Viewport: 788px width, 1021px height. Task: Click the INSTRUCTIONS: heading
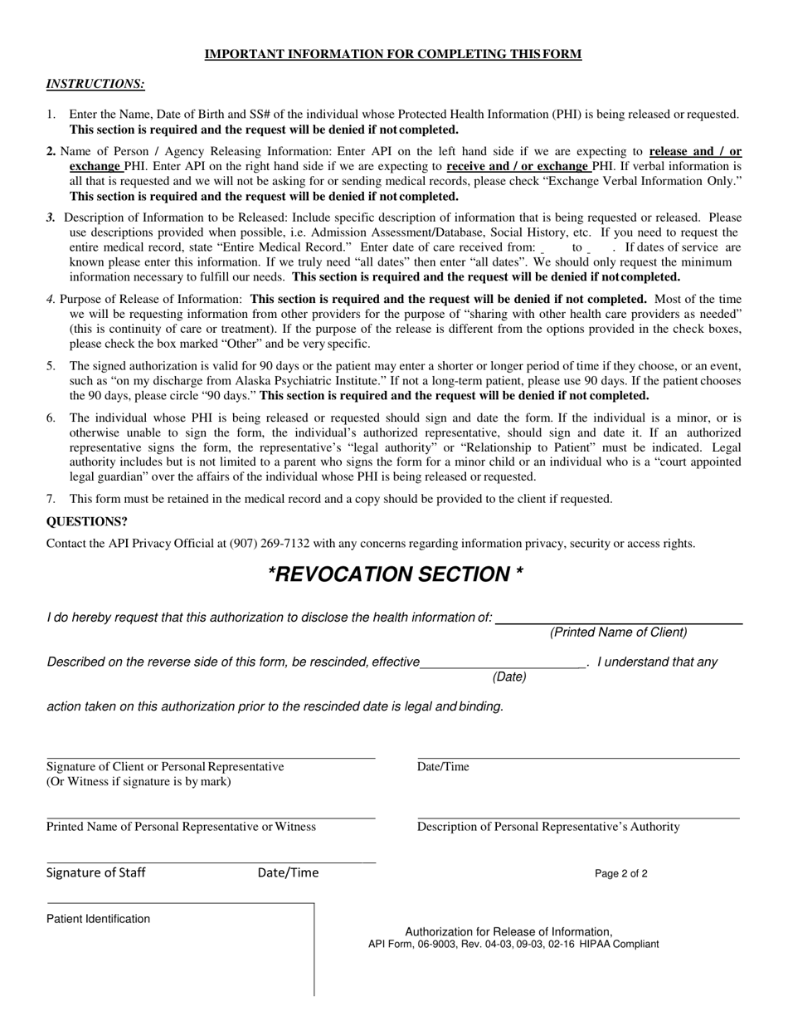pos(95,84)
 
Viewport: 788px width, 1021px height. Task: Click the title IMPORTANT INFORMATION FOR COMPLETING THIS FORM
pos(393,55)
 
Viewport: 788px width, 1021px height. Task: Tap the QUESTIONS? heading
pos(87,522)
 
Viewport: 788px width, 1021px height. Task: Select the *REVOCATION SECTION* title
pos(395,574)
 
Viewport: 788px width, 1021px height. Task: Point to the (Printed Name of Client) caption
pos(618,633)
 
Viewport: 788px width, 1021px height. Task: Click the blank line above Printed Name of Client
pos(618,622)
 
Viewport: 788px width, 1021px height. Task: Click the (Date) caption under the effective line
pos(509,677)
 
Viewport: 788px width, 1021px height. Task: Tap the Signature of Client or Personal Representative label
pos(165,767)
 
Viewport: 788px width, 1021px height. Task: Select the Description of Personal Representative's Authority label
pos(548,827)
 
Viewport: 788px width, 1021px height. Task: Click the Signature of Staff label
pos(96,872)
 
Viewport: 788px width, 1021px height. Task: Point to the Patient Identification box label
pos(99,919)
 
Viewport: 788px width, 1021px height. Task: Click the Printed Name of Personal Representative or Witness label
pos(181,827)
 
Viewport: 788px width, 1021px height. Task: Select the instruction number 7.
pos(51,499)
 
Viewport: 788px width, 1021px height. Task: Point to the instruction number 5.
pos(51,366)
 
